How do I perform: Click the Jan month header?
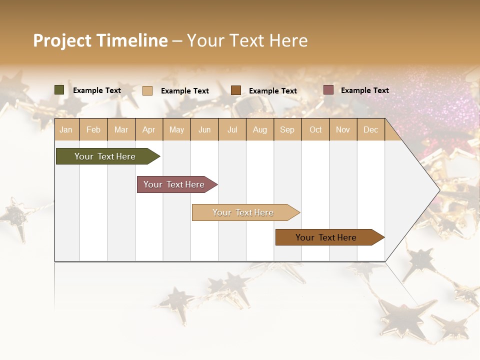pos(66,129)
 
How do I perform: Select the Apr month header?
pos(148,129)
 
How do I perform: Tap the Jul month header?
pos(232,129)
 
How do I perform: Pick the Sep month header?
pos(287,129)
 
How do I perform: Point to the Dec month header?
pos(370,129)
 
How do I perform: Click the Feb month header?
pos(93,129)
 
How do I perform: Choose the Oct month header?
pos(315,129)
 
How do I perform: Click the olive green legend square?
pos(59,90)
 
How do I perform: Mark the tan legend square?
pos(147,90)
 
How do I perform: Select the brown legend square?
pos(236,90)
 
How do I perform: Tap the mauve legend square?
pos(328,90)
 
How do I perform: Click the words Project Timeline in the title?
pos(100,40)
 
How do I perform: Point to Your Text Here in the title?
pos(247,40)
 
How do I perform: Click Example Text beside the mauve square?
pos(364,90)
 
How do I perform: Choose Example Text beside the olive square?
pos(96,90)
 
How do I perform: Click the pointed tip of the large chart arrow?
pos(438,190)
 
